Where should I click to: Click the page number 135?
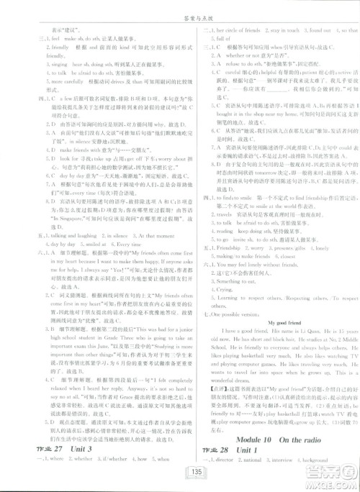(180, 470)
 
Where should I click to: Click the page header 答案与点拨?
(179, 8)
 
